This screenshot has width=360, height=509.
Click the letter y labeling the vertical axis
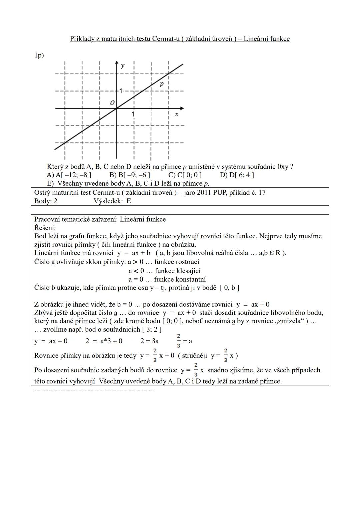click(123, 66)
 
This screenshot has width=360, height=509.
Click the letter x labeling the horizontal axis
click(177, 114)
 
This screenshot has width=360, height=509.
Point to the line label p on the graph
click(162, 84)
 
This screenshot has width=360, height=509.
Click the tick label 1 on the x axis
click(133, 114)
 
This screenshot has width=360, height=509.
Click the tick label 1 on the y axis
click(121, 90)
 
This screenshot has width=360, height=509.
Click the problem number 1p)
click(39, 55)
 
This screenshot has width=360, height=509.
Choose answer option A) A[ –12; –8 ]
click(69, 175)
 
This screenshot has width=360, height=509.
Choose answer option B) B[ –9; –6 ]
click(130, 175)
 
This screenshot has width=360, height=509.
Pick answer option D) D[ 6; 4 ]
click(237, 175)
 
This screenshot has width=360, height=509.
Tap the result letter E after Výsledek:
click(129, 201)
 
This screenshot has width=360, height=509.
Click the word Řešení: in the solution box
click(45, 228)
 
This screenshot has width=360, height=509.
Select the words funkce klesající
click(178, 271)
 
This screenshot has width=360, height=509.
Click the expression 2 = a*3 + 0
click(104, 341)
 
